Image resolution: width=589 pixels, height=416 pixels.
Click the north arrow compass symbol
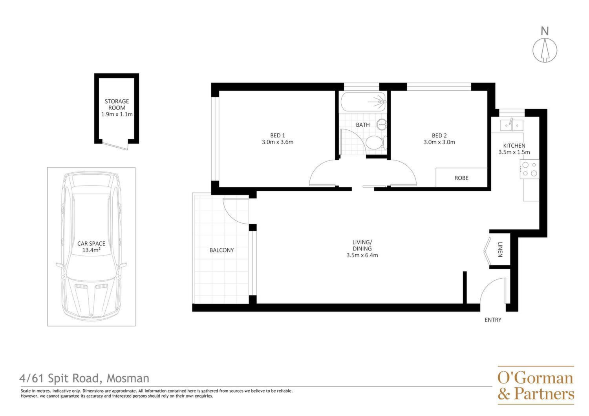pyautogui.click(x=545, y=50)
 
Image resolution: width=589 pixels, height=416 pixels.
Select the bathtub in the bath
pyautogui.click(x=363, y=102)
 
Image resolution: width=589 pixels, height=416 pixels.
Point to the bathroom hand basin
pyautogui.click(x=382, y=124)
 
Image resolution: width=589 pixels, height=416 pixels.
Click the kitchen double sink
pyautogui.click(x=511, y=125)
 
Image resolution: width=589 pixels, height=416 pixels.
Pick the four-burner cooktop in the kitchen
pyautogui.click(x=529, y=169)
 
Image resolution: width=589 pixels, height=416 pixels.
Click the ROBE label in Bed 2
pyautogui.click(x=461, y=178)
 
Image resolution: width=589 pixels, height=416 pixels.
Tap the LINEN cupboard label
pyautogui.click(x=500, y=249)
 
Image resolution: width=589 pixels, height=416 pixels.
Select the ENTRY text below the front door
pyautogui.click(x=493, y=320)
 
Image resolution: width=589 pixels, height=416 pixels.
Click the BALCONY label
pyautogui.click(x=221, y=250)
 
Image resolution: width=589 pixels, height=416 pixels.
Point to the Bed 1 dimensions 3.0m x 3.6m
pyautogui.click(x=277, y=142)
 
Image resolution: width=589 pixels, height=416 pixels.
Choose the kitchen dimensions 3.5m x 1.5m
pyautogui.click(x=514, y=152)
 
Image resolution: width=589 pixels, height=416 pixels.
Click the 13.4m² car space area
pyautogui.click(x=91, y=250)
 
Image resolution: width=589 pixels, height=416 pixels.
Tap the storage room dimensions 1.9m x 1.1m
pyautogui.click(x=117, y=114)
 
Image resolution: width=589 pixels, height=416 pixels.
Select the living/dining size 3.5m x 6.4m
pyautogui.click(x=362, y=255)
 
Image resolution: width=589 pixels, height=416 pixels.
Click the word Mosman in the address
pyautogui.click(x=128, y=378)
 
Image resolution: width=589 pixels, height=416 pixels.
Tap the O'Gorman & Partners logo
pyautogui.click(x=536, y=385)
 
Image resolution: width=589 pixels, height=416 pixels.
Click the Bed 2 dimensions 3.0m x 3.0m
pyautogui.click(x=439, y=142)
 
